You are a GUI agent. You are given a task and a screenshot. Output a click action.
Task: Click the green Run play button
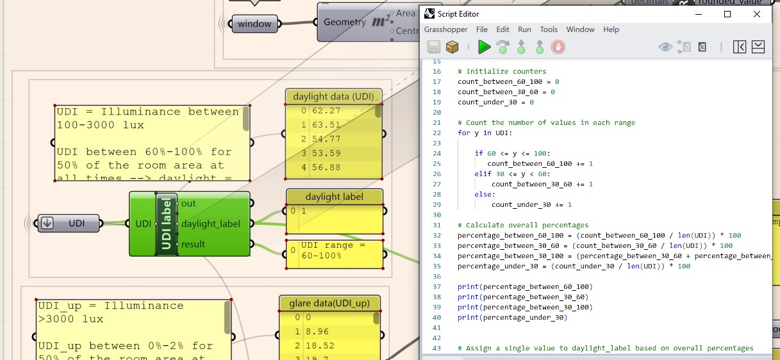[x=484, y=47]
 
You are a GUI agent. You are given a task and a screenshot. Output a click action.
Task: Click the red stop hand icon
[x=558, y=47]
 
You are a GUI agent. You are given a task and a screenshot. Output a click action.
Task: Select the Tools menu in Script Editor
[x=549, y=29]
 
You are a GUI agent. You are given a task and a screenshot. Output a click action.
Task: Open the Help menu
[x=611, y=29]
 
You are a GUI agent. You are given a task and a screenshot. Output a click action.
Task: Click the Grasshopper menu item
[x=445, y=29]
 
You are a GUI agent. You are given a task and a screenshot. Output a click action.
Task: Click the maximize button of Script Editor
[x=727, y=13]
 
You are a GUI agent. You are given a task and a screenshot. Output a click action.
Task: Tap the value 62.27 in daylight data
[x=326, y=111]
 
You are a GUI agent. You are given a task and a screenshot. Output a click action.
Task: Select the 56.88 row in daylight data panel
[x=326, y=167]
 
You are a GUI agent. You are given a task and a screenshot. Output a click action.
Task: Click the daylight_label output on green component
[x=210, y=224]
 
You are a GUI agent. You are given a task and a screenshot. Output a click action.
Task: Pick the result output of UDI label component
[x=193, y=244]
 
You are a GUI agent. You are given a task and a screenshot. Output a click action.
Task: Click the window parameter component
[x=254, y=24]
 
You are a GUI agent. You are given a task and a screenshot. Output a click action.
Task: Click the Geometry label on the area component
[x=345, y=22]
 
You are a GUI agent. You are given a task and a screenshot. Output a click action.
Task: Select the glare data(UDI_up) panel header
[x=329, y=303]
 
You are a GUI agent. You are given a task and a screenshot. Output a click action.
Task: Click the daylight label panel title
[x=334, y=197]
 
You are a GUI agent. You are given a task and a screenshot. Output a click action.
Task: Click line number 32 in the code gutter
[x=436, y=235]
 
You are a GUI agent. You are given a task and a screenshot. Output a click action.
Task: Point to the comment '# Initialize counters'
[x=502, y=71]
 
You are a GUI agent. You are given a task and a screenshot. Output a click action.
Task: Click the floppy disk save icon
[x=433, y=47]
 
